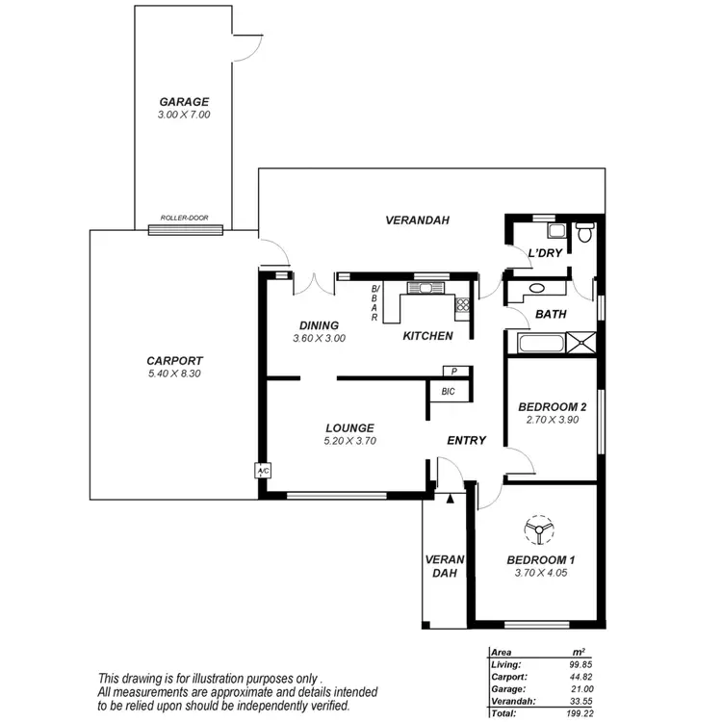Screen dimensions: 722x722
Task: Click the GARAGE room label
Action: coord(184,102)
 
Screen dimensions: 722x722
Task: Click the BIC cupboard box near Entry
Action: coord(449,391)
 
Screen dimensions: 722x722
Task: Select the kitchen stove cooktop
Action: coord(462,305)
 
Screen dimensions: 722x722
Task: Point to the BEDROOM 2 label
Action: coord(552,406)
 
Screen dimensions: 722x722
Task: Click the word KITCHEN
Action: coord(427,336)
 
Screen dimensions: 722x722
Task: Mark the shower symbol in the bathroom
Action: coord(582,343)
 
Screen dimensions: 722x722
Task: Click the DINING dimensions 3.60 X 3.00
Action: coord(319,338)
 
